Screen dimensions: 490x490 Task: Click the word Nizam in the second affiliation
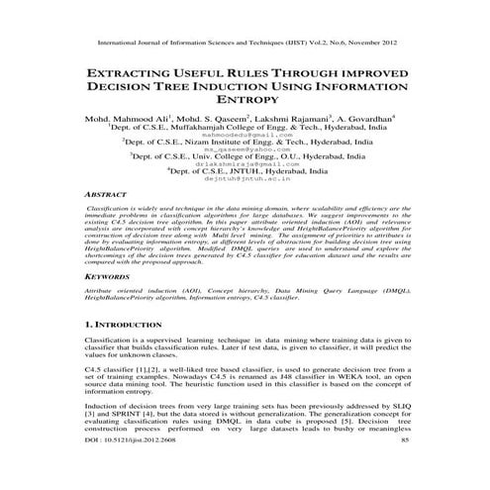[x=202, y=142]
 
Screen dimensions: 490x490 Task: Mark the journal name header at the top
[x=245, y=45]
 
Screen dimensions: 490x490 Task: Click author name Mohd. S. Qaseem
[x=209, y=118]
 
